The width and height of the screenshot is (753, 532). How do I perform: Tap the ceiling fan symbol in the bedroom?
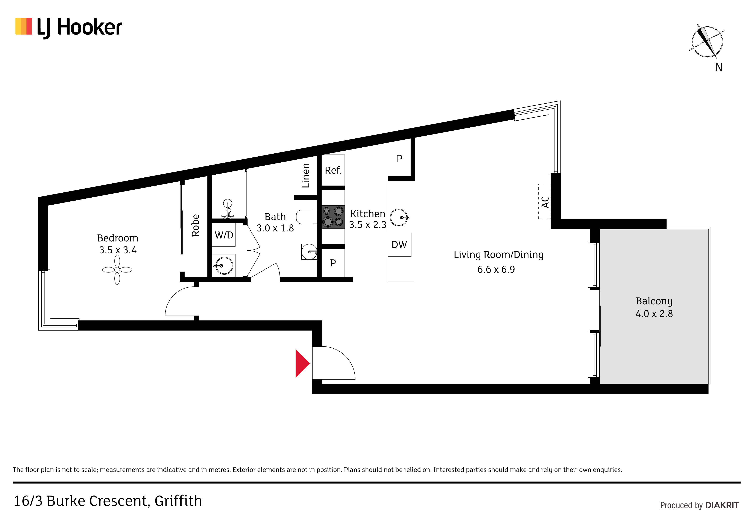point(117,270)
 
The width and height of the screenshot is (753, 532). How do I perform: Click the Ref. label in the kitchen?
point(333,170)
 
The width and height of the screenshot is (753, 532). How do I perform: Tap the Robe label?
point(196,225)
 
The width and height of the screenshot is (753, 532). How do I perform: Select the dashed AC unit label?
point(545,202)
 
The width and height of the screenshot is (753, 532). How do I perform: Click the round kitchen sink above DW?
point(399,217)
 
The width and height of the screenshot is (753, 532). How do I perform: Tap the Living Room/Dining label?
point(498,255)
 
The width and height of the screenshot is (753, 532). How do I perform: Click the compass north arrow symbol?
point(707,42)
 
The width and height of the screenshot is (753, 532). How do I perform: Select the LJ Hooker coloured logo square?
point(24,26)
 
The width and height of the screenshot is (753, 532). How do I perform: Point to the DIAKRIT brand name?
point(722,505)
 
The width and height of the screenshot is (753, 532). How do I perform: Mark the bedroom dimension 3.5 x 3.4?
point(118,250)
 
